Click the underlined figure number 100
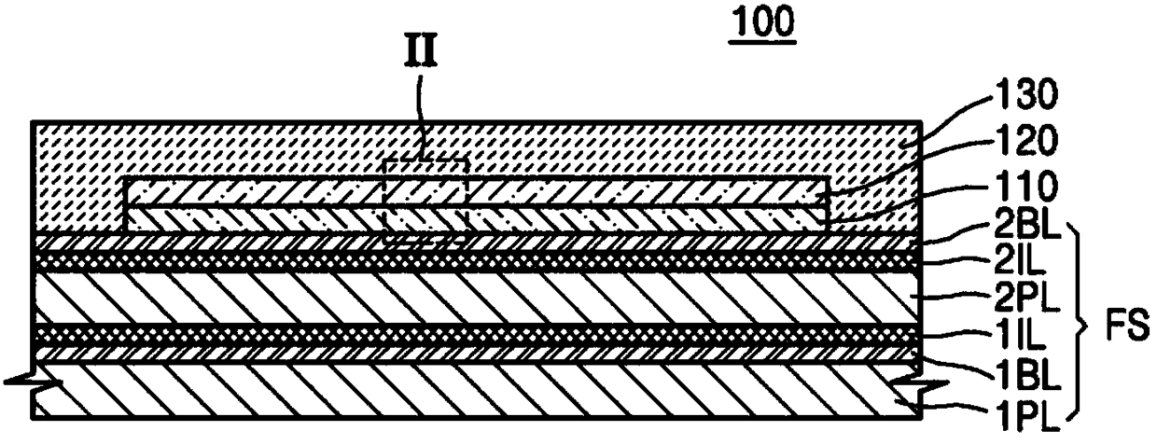762,25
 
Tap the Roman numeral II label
421,52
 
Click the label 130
1027,95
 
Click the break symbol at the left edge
32,382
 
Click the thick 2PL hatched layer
478,299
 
